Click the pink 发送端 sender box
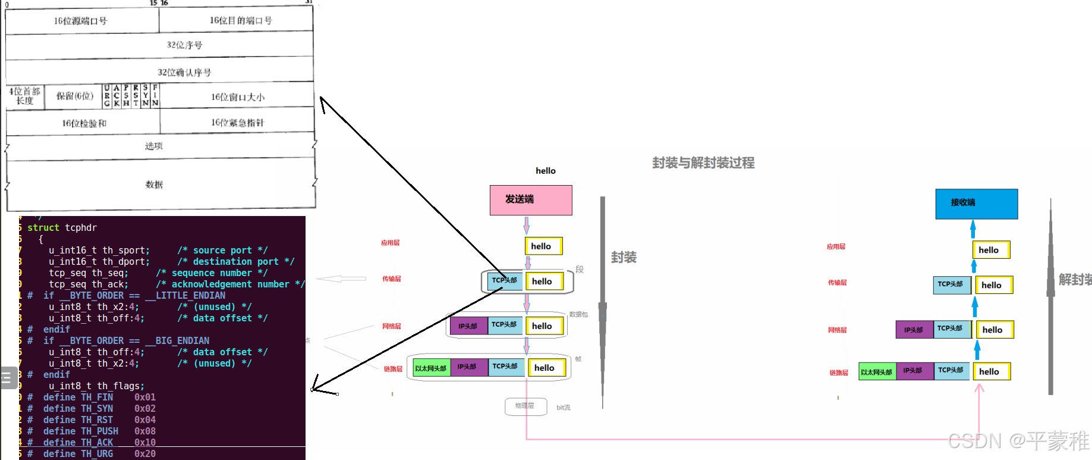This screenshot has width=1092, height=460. pyautogui.click(x=530, y=200)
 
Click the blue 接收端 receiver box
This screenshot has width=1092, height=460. pyautogui.click(x=976, y=204)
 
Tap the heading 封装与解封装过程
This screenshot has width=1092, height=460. pyautogui.click(x=703, y=163)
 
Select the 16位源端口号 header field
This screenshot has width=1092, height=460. pyautogui.click(x=81, y=21)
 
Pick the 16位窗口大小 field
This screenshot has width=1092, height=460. pyautogui.click(x=238, y=97)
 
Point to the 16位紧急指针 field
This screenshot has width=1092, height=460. pyautogui.click(x=237, y=123)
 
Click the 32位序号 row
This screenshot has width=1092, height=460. pyautogui.click(x=184, y=45)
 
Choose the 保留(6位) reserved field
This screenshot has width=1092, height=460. pyautogui.click(x=74, y=96)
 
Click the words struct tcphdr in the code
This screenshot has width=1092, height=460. pyautogui.click(x=62, y=228)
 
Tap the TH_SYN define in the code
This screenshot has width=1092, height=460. pyautogui.click(x=97, y=409)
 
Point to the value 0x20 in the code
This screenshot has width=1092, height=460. pyautogui.click(x=145, y=454)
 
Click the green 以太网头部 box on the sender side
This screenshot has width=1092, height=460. pyautogui.click(x=431, y=368)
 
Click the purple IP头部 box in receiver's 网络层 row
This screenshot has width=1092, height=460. pyautogui.click(x=914, y=330)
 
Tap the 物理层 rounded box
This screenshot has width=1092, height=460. pyautogui.click(x=525, y=406)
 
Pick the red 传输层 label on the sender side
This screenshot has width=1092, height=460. pyautogui.click(x=392, y=279)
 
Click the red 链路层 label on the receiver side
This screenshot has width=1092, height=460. pyautogui.click(x=839, y=373)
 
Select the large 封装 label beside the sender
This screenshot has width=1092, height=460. pyautogui.click(x=624, y=257)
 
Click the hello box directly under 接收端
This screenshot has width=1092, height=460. pyautogui.click(x=990, y=250)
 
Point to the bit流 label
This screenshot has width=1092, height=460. pyautogui.click(x=563, y=408)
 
